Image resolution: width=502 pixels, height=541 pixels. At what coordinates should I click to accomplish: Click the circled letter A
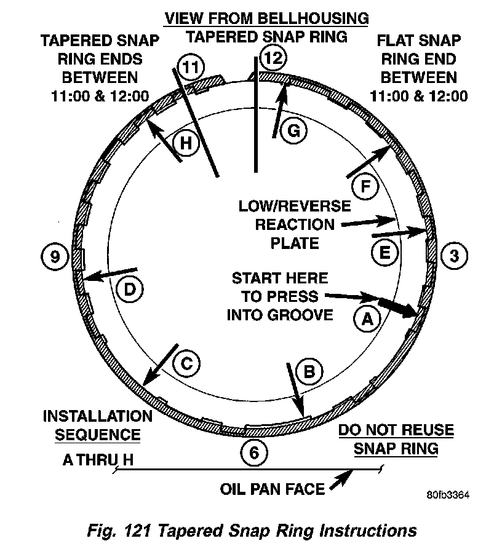point(367,318)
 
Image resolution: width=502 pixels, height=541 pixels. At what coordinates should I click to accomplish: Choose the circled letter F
point(364,188)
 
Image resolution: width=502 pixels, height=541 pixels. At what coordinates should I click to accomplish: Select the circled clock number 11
point(192,67)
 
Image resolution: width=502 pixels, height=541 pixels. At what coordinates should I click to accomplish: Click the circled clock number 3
point(454,255)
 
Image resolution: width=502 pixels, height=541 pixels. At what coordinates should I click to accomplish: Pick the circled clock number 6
point(254,452)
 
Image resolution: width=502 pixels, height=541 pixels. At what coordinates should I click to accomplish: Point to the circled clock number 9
point(55,255)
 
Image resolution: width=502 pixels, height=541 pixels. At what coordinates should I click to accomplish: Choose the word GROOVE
point(301,315)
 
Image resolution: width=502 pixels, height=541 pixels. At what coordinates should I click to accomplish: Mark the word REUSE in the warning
point(423,430)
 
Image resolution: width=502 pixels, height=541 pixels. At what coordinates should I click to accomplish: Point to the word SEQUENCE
point(98,435)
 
